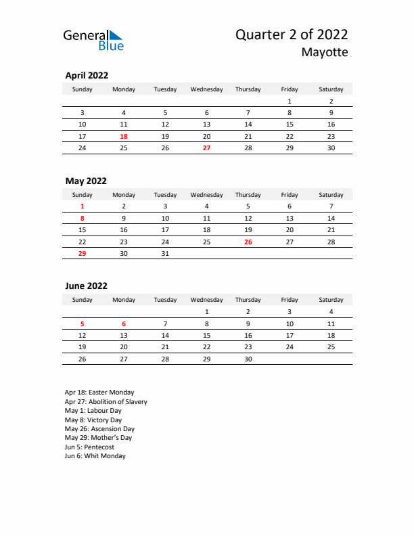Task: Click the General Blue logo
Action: pyautogui.click(x=93, y=40)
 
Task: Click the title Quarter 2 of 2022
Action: pyautogui.click(x=292, y=35)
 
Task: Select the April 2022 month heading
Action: pyautogui.click(x=87, y=76)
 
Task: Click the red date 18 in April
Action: pyautogui.click(x=123, y=136)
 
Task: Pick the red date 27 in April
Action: pyautogui.click(x=206, y=148)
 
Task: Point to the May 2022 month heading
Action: pyautogui.click(x=86, y=181)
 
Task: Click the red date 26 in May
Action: pyautogui.click(x=248, y=242)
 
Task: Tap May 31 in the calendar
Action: pyautogui.click(x=165, y=253)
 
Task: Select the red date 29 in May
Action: pyautogui.click(x=82, y=253)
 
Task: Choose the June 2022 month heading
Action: pyautogui.click(x=86, y=286)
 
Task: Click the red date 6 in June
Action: pyautogui.click(x=123, y=323)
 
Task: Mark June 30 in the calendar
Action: pyautogui.click(x=248, y=359)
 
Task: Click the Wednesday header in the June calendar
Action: pyautogui.click(x=206, y=300)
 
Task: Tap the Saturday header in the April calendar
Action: pyautogui.click(x=331, y=89)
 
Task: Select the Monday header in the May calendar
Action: pyautogui.click(x=123, y=195)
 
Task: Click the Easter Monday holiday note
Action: pyautogui.click(x=99, y=392)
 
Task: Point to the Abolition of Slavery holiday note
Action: pyautogui.click(x=106, y=401)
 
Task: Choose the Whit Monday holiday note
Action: pyautogui.click(x=95, y=456)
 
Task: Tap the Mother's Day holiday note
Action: pyautogui.click(x=99, y=438)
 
